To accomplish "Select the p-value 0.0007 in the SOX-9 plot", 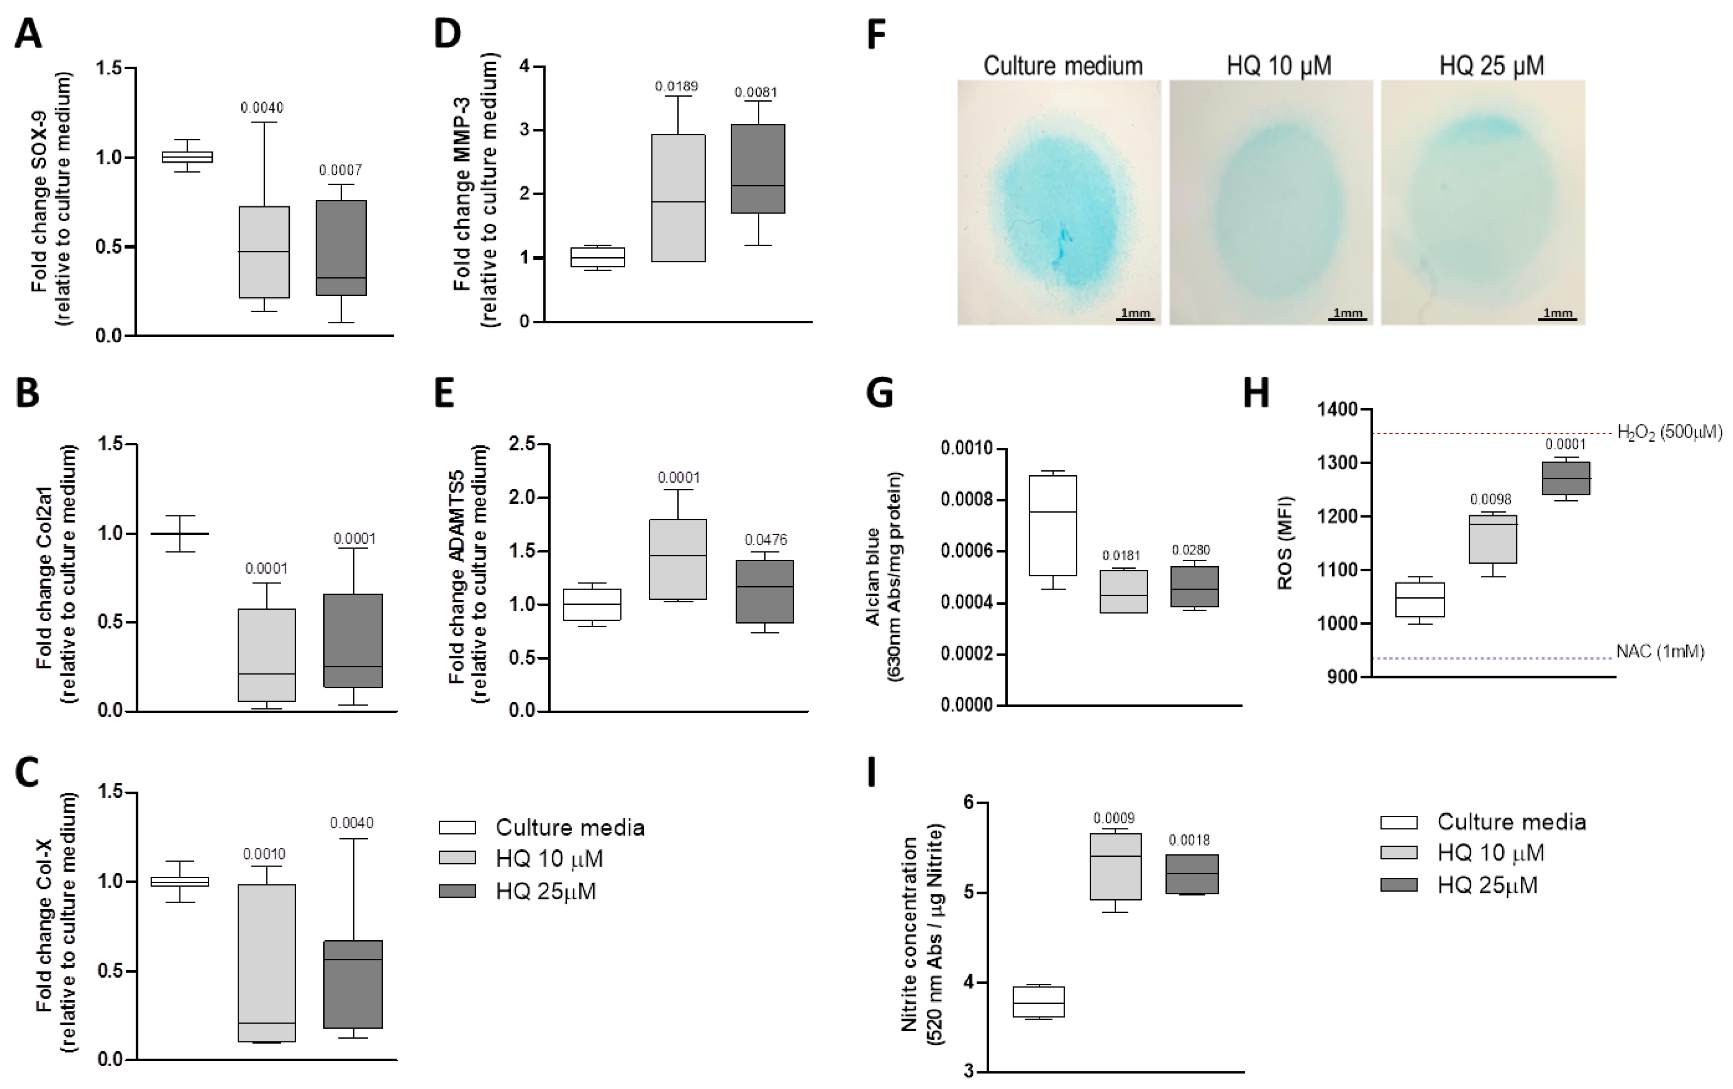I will tap(341, 170).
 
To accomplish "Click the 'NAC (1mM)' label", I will tap(1660, 652).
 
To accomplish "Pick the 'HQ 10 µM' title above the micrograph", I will tap(1279, 66).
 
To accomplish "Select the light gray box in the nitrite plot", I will tap(1115, 867).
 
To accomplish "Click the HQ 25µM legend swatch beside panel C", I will tap(457, 891).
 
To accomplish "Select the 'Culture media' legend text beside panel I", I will tap(1511, 822).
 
